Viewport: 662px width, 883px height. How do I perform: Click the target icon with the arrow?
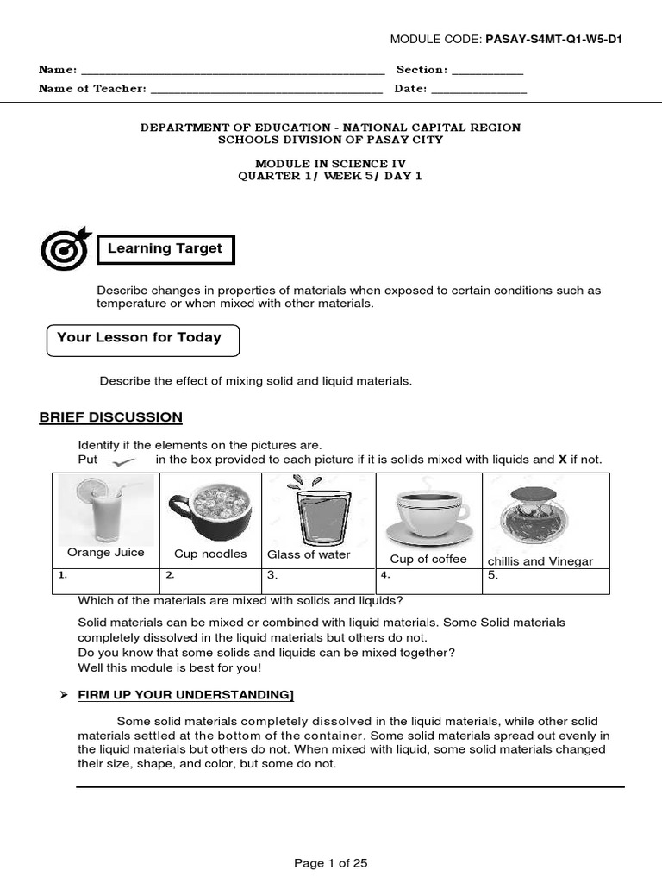click(x=66, y=248)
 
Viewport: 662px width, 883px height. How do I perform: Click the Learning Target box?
click(x=165, y=249)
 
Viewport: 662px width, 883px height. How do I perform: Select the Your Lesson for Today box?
click(x=142, y=340)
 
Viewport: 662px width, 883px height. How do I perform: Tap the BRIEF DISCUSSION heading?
click(x=110, y=417)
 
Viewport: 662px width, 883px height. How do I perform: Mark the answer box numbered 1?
click(x=106, y=581)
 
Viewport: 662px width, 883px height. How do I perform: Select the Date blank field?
click(x=478, y=90)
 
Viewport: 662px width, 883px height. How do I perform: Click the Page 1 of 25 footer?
click(x=331, y=863)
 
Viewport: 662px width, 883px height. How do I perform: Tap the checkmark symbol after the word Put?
click(x=127, y=461)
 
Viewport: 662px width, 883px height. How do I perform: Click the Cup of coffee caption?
click(x=428, y=560)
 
